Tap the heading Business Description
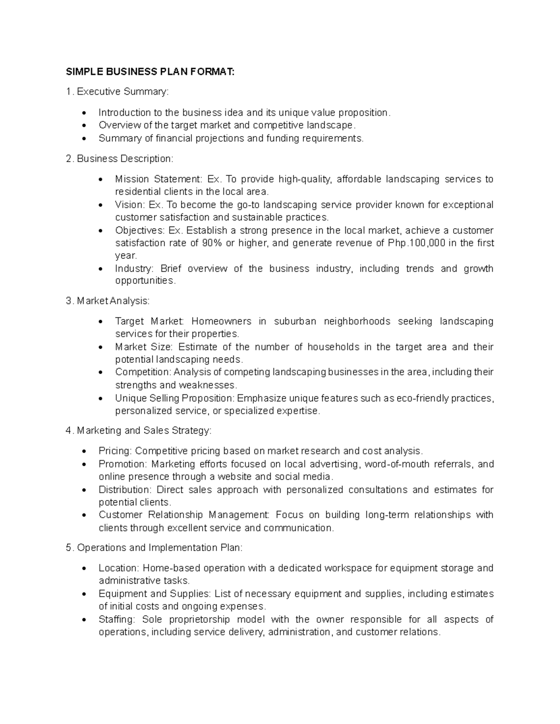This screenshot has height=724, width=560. [120, 159]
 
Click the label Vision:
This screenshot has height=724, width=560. [130, 205]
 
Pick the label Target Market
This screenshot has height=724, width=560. [150, 321]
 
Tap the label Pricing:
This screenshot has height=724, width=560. [115, 451]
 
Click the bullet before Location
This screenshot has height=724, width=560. [84, 568]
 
